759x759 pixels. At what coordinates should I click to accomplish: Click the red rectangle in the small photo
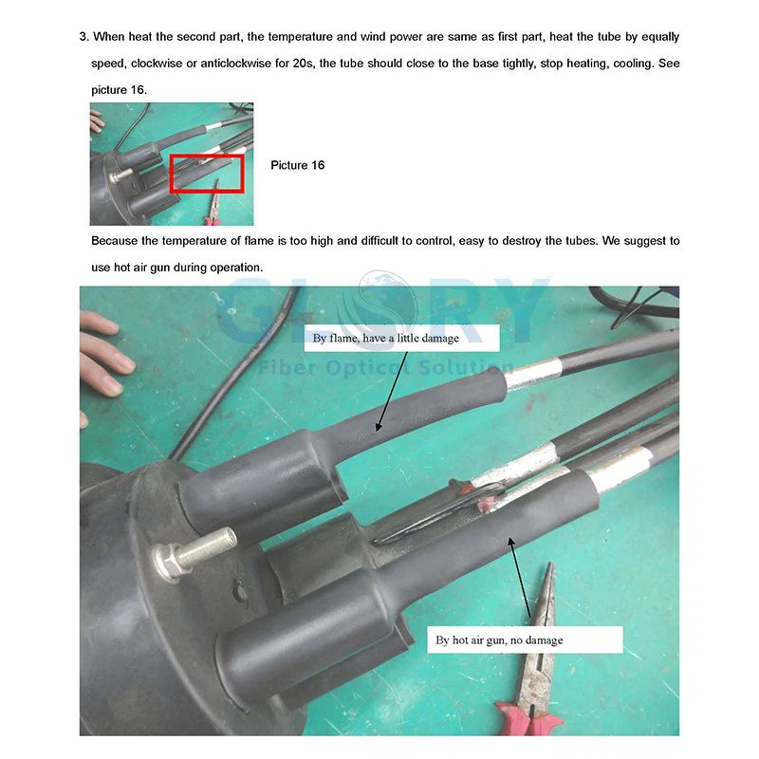pyautogui.click(x=206, y=174)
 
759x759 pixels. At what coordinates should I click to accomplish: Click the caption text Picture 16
pyautogui.click(x=297, y=165)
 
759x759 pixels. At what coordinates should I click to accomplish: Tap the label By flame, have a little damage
pyautogui.click(x=385, y=339)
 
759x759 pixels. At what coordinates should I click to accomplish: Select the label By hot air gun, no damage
pyautogui.click(x=499, y=640)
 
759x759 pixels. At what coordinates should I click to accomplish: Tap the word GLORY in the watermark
pyautogui.click(x=379, y=304)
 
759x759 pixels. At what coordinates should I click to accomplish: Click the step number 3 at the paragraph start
pyautogui.click(x=83, y=37)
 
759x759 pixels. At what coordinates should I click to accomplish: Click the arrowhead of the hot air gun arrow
pyautogui.click(x=511, y=542)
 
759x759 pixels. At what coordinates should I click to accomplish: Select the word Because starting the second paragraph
pyautogui.click(x=117, y=241)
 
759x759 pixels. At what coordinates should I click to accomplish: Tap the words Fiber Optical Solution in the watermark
pyautogui.click(x=379, y=366)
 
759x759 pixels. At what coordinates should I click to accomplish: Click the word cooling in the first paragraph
pyautogui.click(x=637, y=63)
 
